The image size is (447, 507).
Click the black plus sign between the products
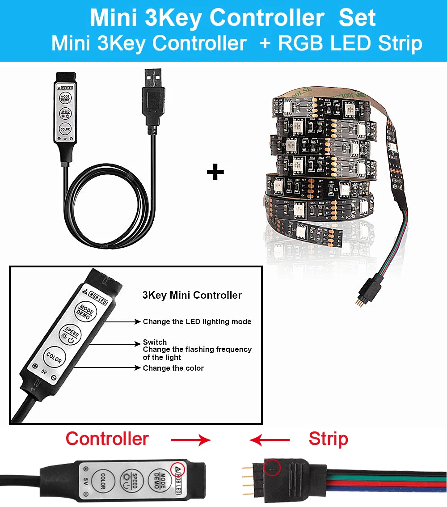tap(215, 172)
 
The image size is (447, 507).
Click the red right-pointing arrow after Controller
tap(191, 440)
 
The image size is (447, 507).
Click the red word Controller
tap(107, 439)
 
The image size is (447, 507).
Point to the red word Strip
tap(328, 439)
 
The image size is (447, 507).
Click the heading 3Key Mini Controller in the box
tap(192, 295)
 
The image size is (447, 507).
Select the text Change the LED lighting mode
tap(197, 321)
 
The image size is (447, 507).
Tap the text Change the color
tap(173, 368)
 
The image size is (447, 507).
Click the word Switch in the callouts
tap(155, 342)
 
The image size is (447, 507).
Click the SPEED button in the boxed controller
tap(70, 334)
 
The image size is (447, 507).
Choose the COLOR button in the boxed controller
tap(54, 357)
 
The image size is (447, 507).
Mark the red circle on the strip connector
tap(272, 468)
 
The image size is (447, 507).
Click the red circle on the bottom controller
tap(179, 468)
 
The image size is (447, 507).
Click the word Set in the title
tap(357, 18)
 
